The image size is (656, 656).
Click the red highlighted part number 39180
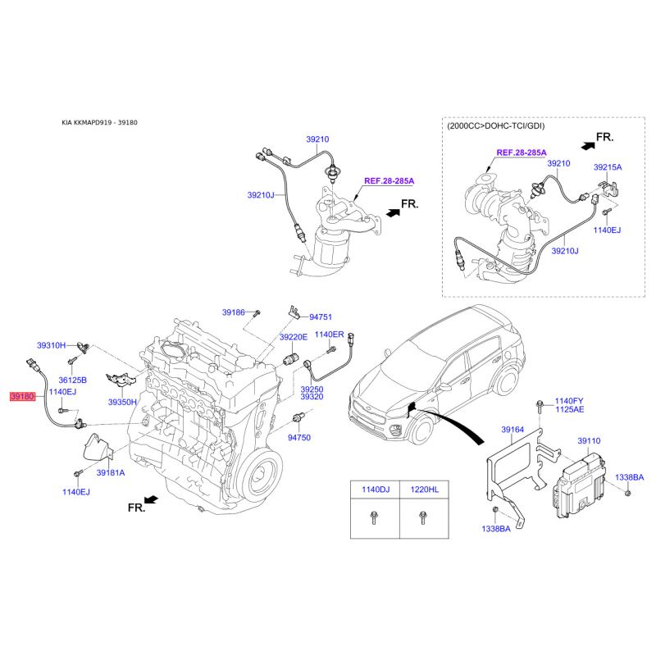(x=22, y=396)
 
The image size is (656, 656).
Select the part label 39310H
(x=51, y=345)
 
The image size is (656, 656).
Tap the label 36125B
(x=72, y=380)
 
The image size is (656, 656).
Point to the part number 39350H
(x=122, y=402)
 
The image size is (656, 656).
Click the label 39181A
(x=111, y=473)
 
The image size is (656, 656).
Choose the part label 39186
(x=234, y=312)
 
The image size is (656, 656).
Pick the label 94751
(x=321, y=317)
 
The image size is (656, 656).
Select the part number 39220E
(x=294, y=337)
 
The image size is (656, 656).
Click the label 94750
(x=299, y=438)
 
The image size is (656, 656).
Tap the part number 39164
(x=512, y=430)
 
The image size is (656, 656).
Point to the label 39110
(x=589, y=441)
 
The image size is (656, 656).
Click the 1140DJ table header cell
(x=376, y=490)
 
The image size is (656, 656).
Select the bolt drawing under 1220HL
(x=422, y=518)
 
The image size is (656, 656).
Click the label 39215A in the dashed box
(x=608, y=167)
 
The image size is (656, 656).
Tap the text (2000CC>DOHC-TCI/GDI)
(x=496, y=126)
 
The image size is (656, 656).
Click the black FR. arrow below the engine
(x=151, y=499)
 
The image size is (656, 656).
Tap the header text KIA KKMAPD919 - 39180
(x=99, y=122)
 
